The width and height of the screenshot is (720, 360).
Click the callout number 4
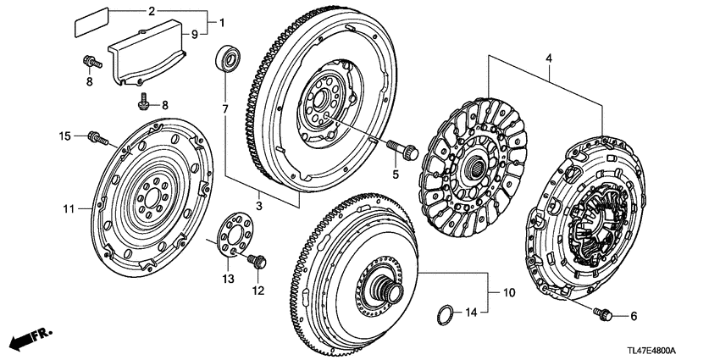point(549,58)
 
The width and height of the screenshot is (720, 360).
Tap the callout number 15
point(64,136)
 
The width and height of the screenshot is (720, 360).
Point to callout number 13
point(226,279)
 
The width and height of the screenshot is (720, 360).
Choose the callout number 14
point(473,313)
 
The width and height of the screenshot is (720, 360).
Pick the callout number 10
point(509,293)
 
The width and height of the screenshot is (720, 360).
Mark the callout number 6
point(633,317)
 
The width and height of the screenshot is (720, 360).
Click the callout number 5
point(394,174)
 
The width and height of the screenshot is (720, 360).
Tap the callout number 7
point(225,109)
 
